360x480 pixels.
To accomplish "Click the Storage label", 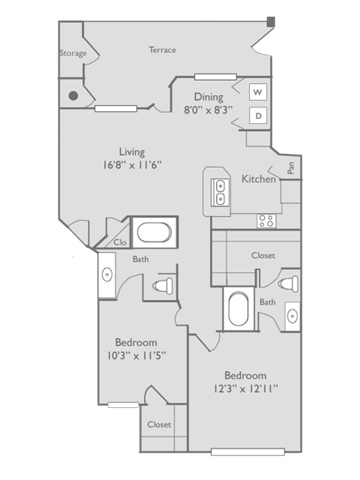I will (72, 53).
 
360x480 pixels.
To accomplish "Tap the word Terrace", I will (163, 48).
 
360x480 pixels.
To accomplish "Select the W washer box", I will (257, 92).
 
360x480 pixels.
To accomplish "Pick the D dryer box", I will (257, 116).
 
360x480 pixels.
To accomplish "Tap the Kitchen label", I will (259, 179).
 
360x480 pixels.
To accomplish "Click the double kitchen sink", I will (220, 189).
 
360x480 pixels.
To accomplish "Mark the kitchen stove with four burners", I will (266, 218).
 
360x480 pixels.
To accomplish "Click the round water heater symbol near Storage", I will (74, 97).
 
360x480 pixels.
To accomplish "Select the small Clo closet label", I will (117, 241).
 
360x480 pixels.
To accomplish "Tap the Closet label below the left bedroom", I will (159, 424).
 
